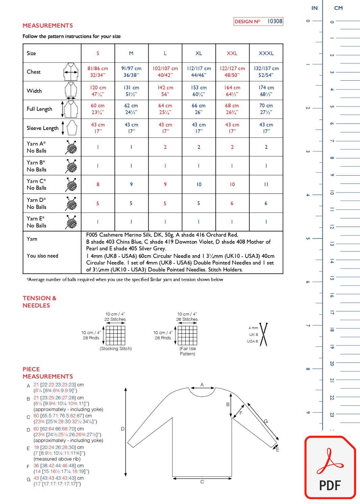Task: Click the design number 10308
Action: coord(275,21)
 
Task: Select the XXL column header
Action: coord(232,53)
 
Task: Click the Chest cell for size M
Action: coord(131,72)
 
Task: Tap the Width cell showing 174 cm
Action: coord(266,90)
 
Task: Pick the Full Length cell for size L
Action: coord(165,109)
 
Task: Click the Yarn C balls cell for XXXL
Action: coord(266,184)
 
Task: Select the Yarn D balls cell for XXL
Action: coord(232,203)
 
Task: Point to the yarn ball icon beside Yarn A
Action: coord(71,147)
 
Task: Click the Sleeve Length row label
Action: coord(43,128)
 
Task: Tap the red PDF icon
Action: coord(330,468)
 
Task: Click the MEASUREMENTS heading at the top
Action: coord(48,26)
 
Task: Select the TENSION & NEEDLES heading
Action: coord(39,302)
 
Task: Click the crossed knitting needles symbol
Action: coord(264,335)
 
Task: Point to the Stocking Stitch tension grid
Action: coord(115,335)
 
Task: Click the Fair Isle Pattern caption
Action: coord(187,351)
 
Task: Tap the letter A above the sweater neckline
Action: coord(202,384)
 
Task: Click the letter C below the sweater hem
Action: coord(202,482)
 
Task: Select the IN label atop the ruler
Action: coord(314,8)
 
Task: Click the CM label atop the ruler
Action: coord(338,8)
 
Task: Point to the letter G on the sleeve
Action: coord(266,421)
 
